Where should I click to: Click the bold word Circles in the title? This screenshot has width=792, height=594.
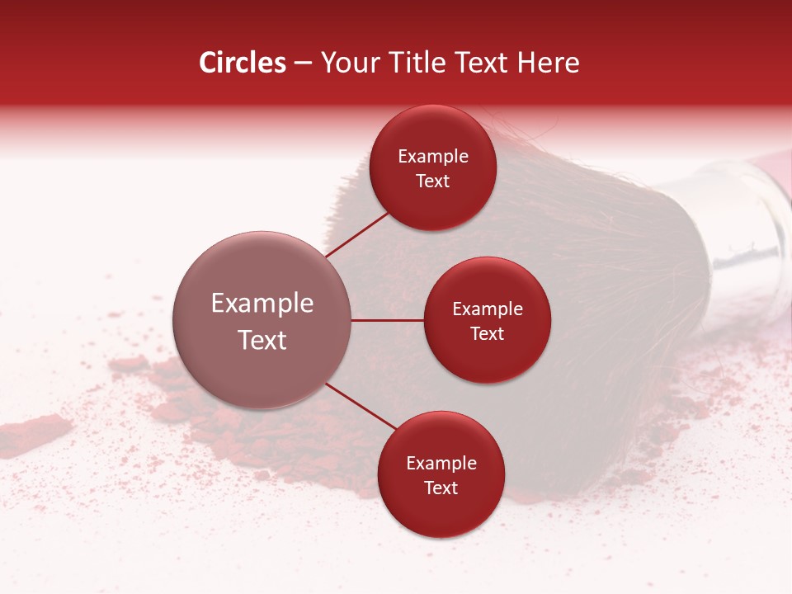click(243, 63)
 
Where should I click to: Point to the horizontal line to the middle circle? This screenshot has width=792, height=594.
click(388, 320)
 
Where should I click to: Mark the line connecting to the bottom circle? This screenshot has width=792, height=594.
click(361, 406)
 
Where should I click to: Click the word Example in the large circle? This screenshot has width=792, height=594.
click(262, 304)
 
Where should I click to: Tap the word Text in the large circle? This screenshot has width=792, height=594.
click(262, 340)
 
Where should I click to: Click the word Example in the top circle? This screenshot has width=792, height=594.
click(433, 157)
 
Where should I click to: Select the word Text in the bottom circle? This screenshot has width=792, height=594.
click(441, 488)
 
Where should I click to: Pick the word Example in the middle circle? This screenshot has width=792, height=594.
click(487, 309)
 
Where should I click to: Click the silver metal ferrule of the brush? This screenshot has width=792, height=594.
click(747, 223)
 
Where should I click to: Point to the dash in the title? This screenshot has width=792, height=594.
click(303, 64)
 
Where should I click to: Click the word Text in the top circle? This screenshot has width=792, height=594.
click(433, 181)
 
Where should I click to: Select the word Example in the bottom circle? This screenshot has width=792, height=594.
click(441, 464)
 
